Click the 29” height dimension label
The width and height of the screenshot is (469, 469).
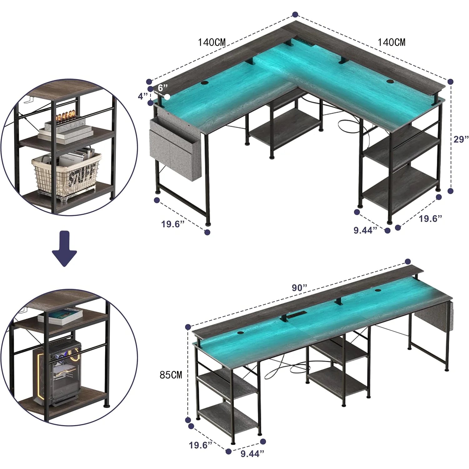tap(461, 139)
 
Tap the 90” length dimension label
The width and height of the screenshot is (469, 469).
tap(300, 288)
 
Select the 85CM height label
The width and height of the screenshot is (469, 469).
tap(171, 375)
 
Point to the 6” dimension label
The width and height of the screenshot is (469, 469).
tap(163, 87)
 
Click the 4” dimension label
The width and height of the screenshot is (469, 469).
tap(143, 96)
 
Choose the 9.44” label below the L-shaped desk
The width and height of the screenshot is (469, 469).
tap(365, 230)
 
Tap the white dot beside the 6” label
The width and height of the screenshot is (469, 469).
tap(168, 97)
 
